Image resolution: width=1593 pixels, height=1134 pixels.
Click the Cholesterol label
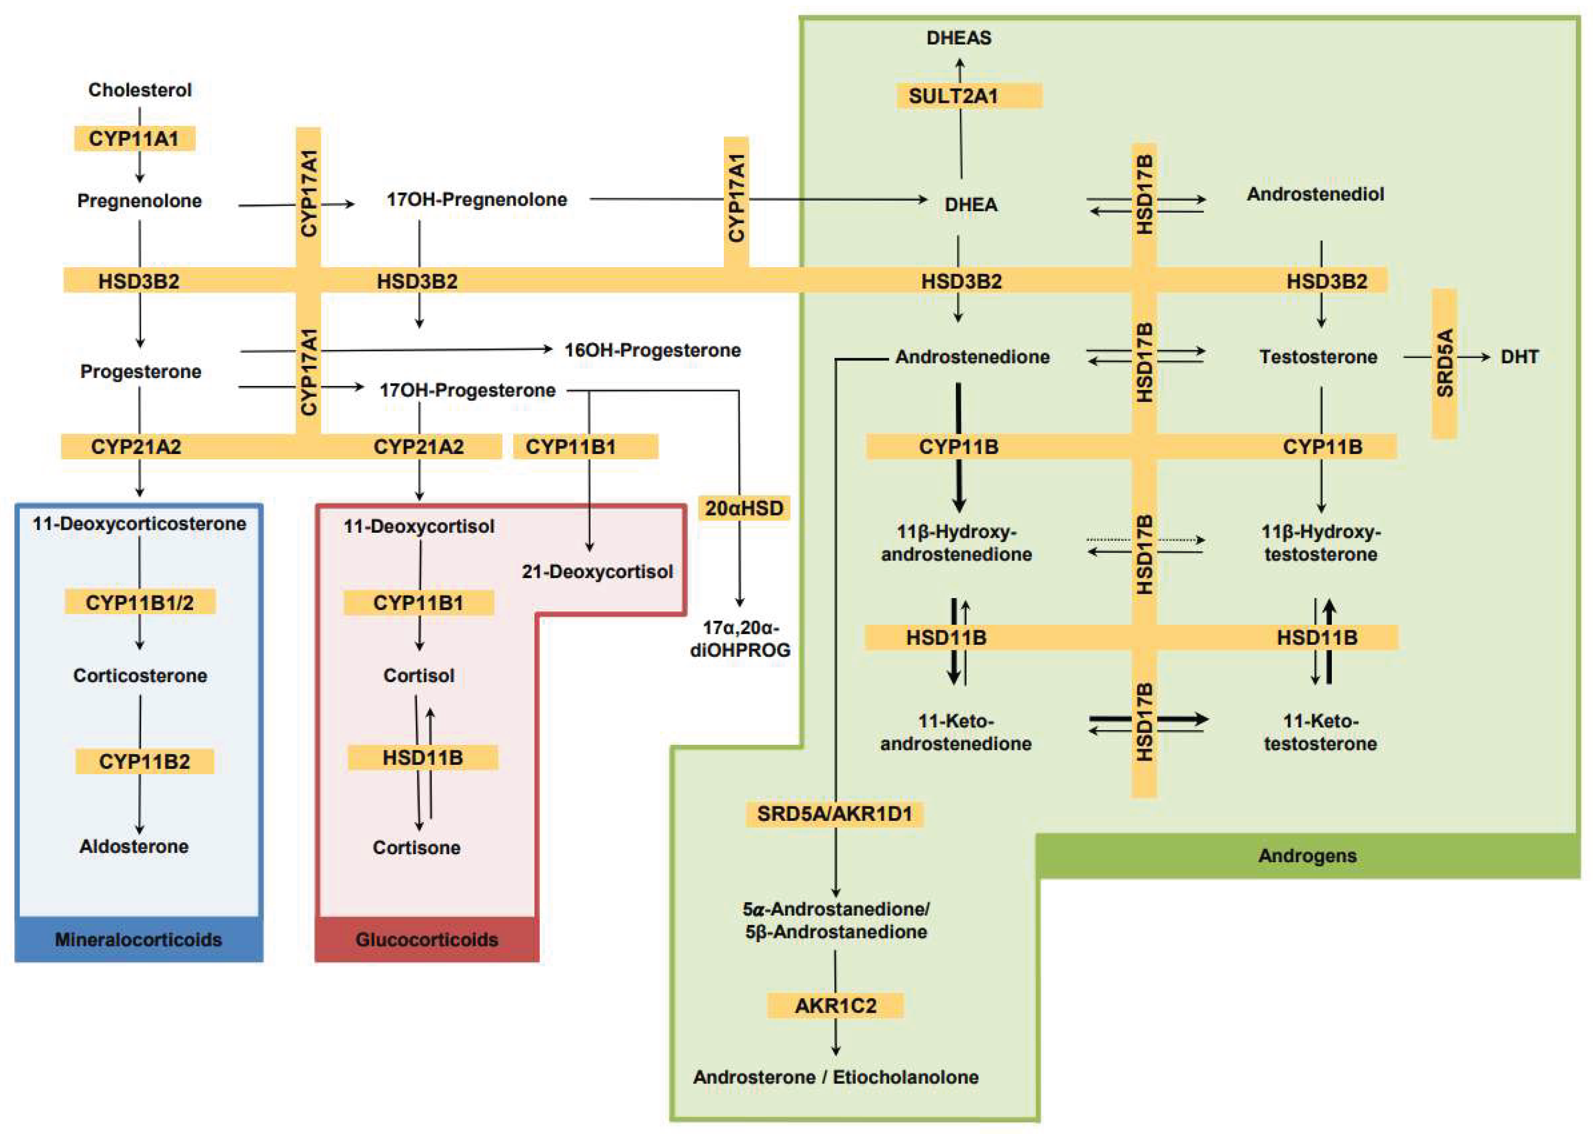click(139, 90)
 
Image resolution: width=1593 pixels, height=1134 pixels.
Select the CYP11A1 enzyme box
click(134, 138)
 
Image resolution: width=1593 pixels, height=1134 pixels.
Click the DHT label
click(1519, 357)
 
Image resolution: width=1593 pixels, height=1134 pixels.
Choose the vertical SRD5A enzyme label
click(1443, 363)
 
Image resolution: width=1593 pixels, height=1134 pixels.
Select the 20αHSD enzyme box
click(743, 508)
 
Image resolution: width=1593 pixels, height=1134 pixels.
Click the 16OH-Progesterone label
click(652, 350)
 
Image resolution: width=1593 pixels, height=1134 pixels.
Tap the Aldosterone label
click(134, 846)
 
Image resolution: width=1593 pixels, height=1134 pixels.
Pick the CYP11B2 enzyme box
click(144, 761)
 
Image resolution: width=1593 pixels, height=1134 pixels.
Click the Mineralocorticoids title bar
click(138, 939)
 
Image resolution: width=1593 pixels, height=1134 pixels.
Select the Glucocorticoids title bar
click(426, 939)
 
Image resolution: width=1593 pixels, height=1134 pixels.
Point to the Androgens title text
click(1307, 856)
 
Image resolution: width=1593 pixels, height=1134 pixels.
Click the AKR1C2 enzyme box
click(835, 1006)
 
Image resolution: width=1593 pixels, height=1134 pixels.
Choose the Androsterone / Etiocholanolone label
click(835, 1077)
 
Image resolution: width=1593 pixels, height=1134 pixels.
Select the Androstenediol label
click(1315, 194)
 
